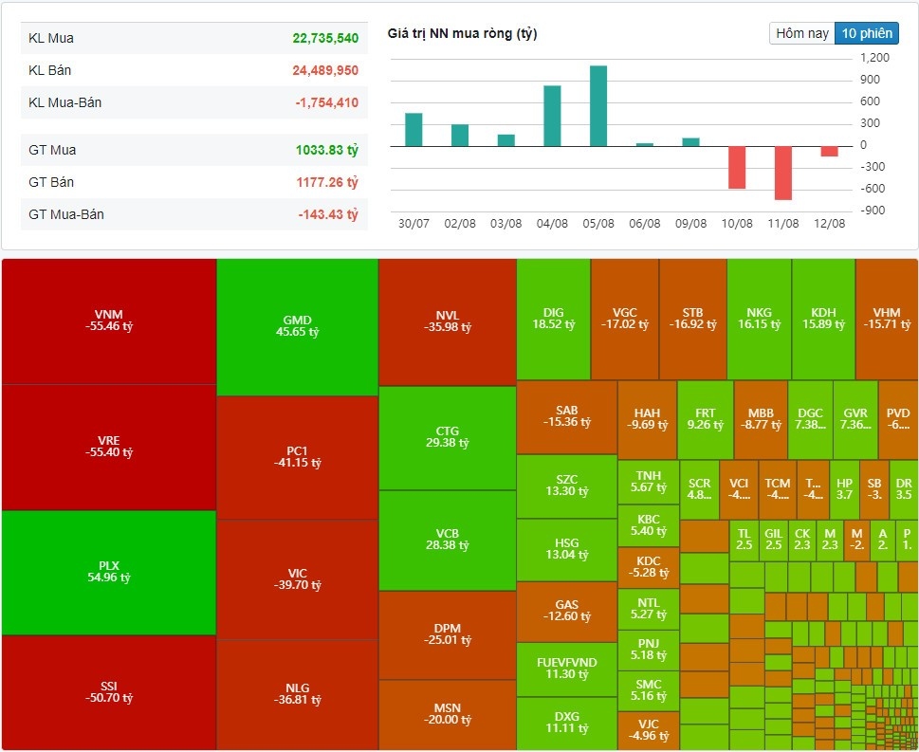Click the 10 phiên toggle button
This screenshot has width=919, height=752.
tap(866, 33)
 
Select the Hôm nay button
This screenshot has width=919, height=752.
tap(802, 33)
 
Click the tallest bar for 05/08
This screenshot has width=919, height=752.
tap(598, 105)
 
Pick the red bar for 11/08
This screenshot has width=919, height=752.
tap(783, 173)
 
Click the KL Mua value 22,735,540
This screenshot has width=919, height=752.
tap(325, 39)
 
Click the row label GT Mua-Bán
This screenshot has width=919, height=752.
tap(66, 214)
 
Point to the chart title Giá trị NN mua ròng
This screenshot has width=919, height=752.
tap(462, 34)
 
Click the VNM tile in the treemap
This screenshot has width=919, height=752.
tap(109, 321)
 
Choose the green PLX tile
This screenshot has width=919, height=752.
tap(109, 572)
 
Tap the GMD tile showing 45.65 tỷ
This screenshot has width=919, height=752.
tap(297, 326)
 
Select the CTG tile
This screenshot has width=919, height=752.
tap(447, 437)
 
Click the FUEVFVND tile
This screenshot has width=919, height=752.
tap(566, 669)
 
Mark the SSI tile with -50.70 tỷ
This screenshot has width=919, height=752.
tap(109, 692)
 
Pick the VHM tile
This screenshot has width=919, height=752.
tap(887, 318)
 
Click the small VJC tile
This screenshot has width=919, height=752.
tap(648, 727)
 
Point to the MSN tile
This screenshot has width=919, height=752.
tap(447, 713)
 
